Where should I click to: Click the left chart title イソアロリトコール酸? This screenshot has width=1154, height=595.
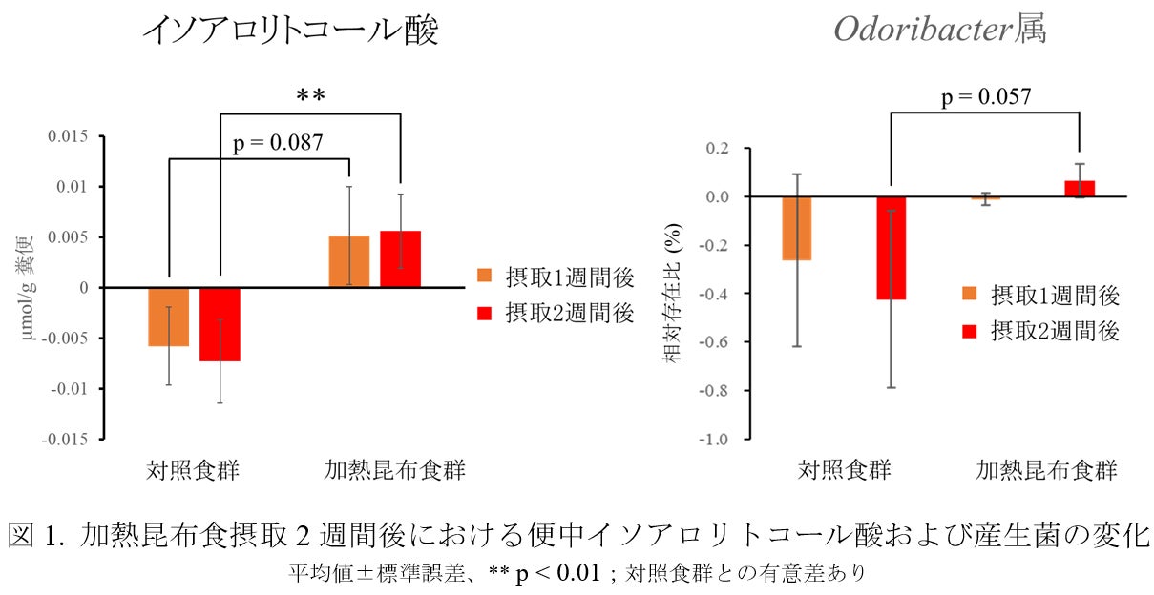click(290, 31)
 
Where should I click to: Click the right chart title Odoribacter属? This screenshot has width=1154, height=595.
click(940, 30)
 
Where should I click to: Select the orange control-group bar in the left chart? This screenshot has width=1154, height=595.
click(169, 317)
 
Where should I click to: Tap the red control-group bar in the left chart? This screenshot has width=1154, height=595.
click(220, 324)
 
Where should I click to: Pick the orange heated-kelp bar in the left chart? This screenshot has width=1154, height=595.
click(349, 261)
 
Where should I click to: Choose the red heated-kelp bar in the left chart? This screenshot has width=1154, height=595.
click(400, 258)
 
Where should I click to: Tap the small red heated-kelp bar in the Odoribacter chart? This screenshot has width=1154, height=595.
click(1079, 188)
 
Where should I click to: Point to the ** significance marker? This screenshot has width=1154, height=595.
click(310, 96)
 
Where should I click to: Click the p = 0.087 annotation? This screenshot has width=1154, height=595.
click(278, 143)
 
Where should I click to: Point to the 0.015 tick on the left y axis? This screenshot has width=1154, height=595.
click(68, 136)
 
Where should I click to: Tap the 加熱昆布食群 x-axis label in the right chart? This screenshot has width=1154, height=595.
click(1046, 470)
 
